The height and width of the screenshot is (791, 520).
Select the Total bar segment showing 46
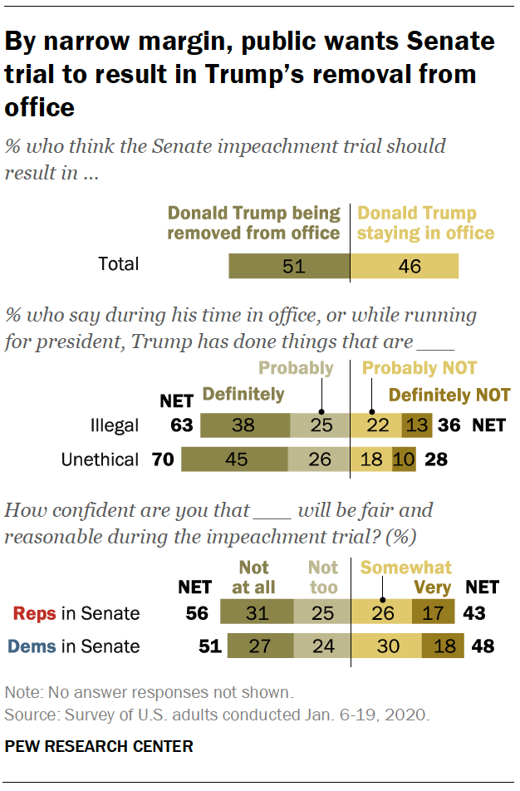pyautogui.click(x=404, y=266)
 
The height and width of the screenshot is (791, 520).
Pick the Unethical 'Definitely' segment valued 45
pyautogui.click(x=235, y=459)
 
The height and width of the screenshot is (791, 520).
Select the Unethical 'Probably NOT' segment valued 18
pyautogui.click(x=370, y=459)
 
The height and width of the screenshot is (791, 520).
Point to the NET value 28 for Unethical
pyautogui.click(x=437, y=459)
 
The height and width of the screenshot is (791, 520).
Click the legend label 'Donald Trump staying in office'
pyautogui.click(x=424, y=224)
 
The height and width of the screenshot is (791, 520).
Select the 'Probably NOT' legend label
pyautogui.click(x=419, y=368)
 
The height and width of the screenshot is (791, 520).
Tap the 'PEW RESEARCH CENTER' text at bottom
pyautogui.click(x=98, y=746)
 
